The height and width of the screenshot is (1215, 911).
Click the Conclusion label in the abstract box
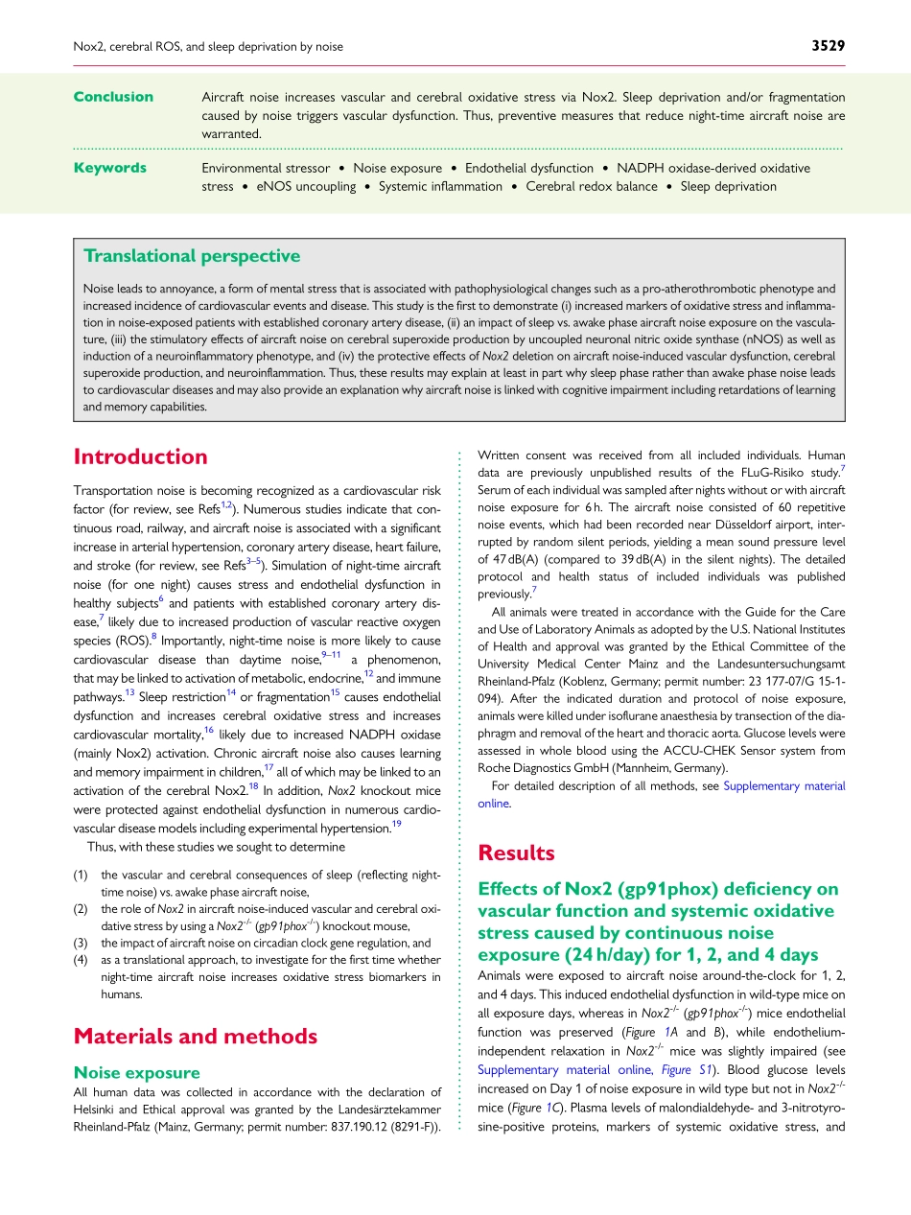tap(113, 97)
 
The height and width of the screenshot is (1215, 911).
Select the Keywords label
tap(110, 168)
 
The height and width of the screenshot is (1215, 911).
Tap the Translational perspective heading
tap(192, 256)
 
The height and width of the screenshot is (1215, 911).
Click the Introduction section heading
tap(140, 456)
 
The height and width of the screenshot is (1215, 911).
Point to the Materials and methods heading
tap(195, 1036)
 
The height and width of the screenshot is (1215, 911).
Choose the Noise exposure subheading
tap(136, 1072)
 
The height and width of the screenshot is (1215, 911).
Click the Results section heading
tap(516, 853)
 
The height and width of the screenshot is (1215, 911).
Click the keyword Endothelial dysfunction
tap(528, 168)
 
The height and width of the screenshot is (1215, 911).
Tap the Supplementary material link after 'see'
tap(784, 785)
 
